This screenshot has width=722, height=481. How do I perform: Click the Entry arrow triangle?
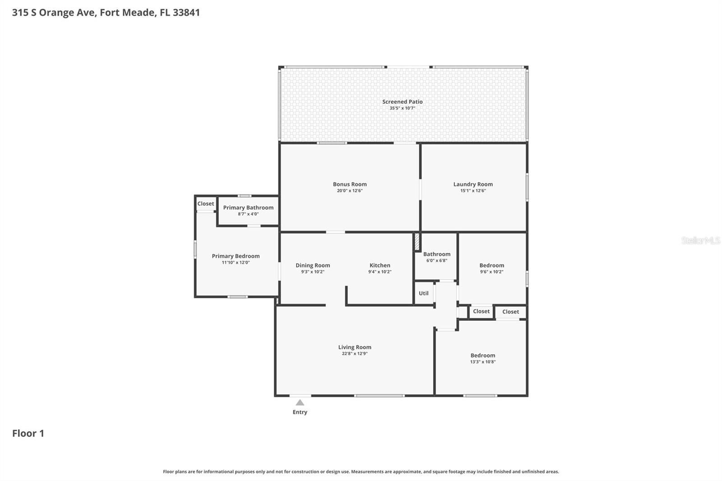[300, 402]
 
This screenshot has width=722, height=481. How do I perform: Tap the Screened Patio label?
[402, 102]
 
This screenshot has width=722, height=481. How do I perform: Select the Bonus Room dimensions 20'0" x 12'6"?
[349, 191]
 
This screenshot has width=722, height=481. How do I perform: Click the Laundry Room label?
[473, 184]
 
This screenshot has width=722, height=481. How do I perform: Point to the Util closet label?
[423, 293]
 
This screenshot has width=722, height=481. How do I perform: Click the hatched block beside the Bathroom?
[417, 242]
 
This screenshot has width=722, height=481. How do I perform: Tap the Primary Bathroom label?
[248, 208]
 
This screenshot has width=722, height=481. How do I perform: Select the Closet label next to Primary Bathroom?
[206, 203]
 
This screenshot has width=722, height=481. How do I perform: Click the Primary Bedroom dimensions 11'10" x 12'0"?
[236, 263]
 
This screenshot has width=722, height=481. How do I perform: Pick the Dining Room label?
[313, 265]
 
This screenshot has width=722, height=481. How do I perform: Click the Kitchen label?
[380, 265]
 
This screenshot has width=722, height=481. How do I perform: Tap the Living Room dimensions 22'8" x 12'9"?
[355, 354]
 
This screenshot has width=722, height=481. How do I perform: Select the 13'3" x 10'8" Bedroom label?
[482, 356]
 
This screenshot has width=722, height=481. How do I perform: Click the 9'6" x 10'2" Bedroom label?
[491, 265]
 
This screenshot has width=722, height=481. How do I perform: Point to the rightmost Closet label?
[510, 312]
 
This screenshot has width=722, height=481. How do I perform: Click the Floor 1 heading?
[28, 434]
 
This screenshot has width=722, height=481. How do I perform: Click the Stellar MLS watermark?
[700, 240]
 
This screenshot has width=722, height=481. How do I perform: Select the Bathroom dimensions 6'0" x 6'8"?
[436, 261]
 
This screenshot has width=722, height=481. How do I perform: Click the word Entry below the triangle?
[300, 412]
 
